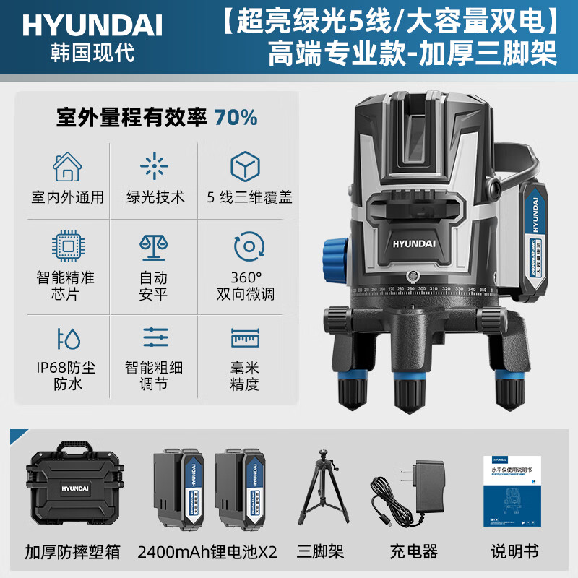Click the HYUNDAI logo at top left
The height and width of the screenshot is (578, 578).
tap(92, 25)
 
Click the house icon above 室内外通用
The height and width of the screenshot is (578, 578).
tap(68, 167)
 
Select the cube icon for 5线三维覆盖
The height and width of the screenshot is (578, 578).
tap(245, 167)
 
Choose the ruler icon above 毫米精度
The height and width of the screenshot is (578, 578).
tap(245, 338)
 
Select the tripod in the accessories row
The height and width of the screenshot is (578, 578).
tap(321, 490)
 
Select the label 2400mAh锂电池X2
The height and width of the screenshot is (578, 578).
tap(207, 552)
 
